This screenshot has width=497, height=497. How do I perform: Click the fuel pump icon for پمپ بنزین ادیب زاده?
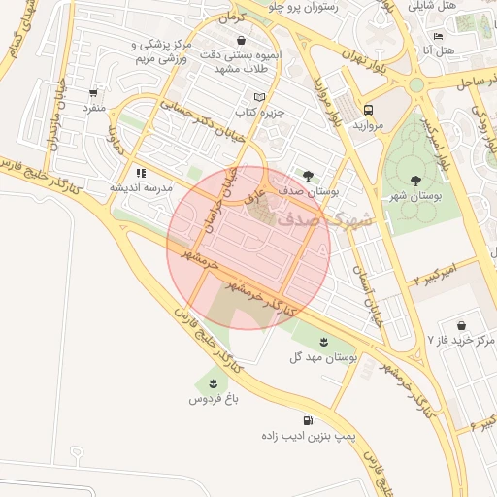(309, 421)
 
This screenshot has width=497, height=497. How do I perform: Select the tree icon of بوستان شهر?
(415, 180)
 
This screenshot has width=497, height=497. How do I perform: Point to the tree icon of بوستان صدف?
(309, 176)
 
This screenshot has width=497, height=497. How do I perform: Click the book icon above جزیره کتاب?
(257, 97)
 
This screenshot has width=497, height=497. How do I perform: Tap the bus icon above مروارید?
(368, 110)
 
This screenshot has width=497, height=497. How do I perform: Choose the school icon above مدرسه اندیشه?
(141, 173)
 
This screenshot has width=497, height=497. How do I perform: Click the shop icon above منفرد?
(93, 93)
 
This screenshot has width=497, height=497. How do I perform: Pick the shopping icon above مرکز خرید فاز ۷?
(461, 324)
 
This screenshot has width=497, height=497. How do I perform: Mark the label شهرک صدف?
(325, 220)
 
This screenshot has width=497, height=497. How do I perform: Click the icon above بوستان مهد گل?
(323, 342)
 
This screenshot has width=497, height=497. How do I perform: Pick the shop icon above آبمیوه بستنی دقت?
(240, 40)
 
